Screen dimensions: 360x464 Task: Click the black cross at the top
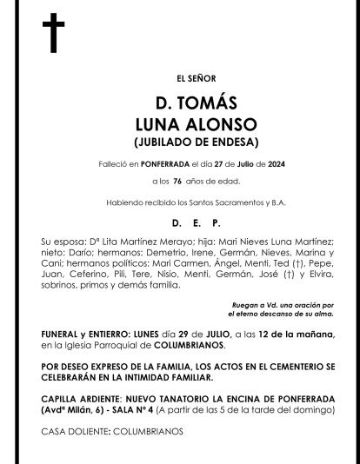click(x=53, y=33)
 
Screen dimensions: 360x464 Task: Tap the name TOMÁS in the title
click(x=207, y=103)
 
